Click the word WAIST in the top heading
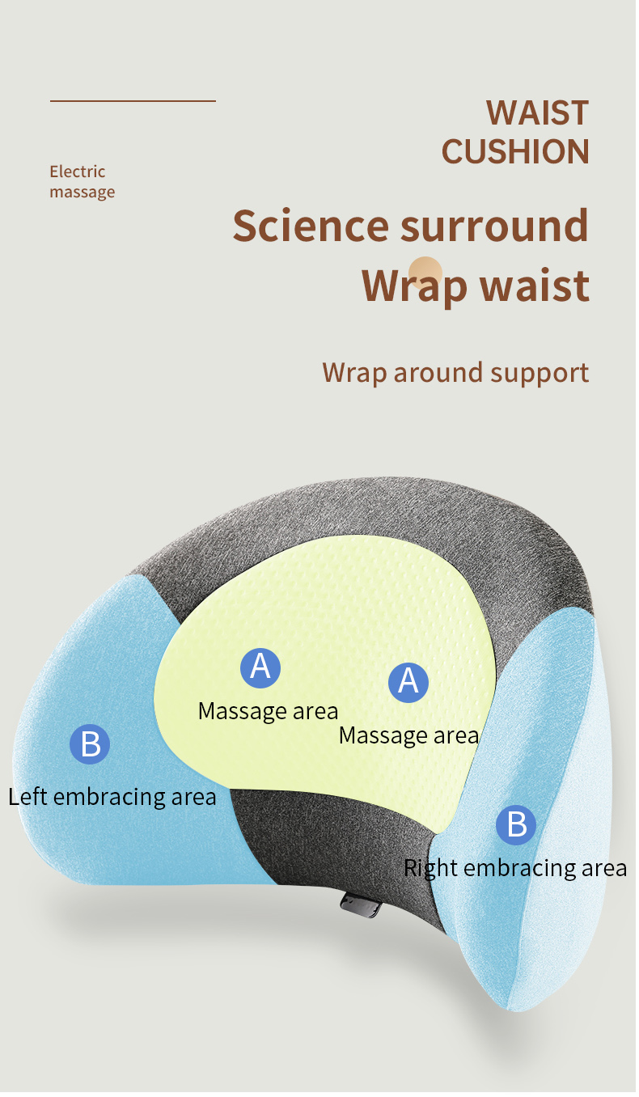coord(537,113)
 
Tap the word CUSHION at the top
coord(515,152)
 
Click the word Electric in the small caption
coord(78,172)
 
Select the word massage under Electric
coord(82,193)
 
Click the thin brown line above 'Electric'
coord(133,101)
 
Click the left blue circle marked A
coord(260,667)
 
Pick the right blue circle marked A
coord(408,681)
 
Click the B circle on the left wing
coord(90,744)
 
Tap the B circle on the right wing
coord(516,824)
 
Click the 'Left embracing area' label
coord(112,797)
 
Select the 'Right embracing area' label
coord(514,868)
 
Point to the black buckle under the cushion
coord(362,904)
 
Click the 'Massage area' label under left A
coord(268,711)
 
